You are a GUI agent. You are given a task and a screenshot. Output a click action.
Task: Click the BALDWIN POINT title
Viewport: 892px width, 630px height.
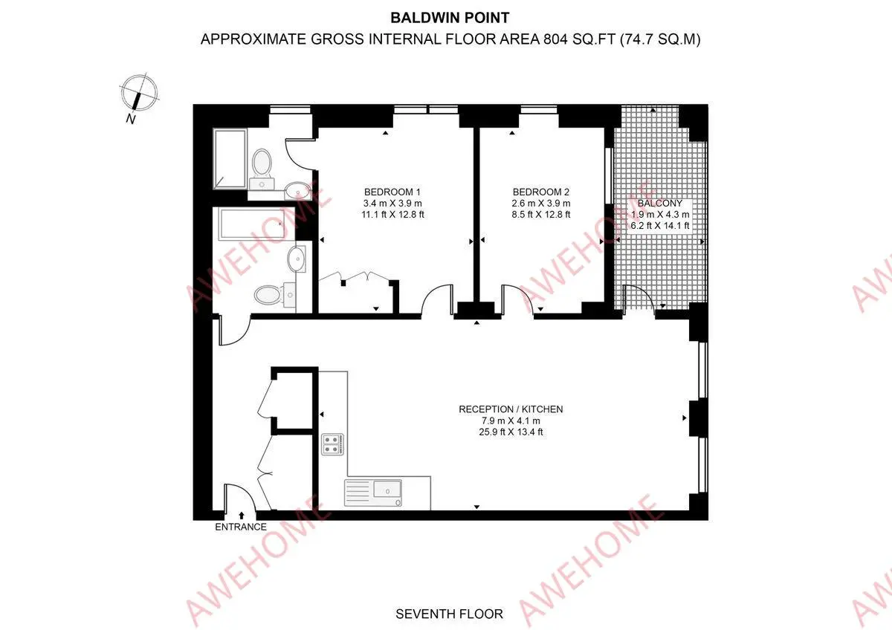click(450, 18)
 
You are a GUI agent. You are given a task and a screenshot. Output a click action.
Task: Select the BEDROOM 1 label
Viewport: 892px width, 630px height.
click(392, 192)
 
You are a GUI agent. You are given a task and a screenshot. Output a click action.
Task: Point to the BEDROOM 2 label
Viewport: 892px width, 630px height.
click(541, 192)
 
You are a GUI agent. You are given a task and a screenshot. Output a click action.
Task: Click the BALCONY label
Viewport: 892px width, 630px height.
click(660, 203)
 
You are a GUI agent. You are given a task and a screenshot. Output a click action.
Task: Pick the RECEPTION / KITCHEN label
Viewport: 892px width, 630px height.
click(511, 409)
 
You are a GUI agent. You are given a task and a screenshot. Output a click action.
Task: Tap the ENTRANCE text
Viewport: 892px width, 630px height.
click(241, 527)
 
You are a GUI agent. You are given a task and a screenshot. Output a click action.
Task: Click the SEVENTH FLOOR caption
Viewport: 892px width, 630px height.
click(449, 614)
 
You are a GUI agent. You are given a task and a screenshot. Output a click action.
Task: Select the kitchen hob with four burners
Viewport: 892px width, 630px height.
click(332, 444)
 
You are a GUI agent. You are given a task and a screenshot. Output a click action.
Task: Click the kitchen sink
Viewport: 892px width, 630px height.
click(372, 493)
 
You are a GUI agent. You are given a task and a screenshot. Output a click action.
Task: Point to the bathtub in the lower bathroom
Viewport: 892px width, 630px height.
click(252, 224)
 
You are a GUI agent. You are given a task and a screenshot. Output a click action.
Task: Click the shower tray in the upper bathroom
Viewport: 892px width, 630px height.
click(230, 158)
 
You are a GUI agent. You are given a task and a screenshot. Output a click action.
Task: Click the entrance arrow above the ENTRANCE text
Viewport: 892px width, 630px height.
click(242, 516)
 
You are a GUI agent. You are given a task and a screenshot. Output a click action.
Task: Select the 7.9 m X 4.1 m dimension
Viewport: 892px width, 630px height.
click(511, 420)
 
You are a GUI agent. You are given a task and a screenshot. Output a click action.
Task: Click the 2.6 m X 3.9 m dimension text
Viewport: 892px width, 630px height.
click(541, 203)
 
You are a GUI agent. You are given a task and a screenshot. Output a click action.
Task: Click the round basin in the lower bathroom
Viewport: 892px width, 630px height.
click(297, 259)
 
